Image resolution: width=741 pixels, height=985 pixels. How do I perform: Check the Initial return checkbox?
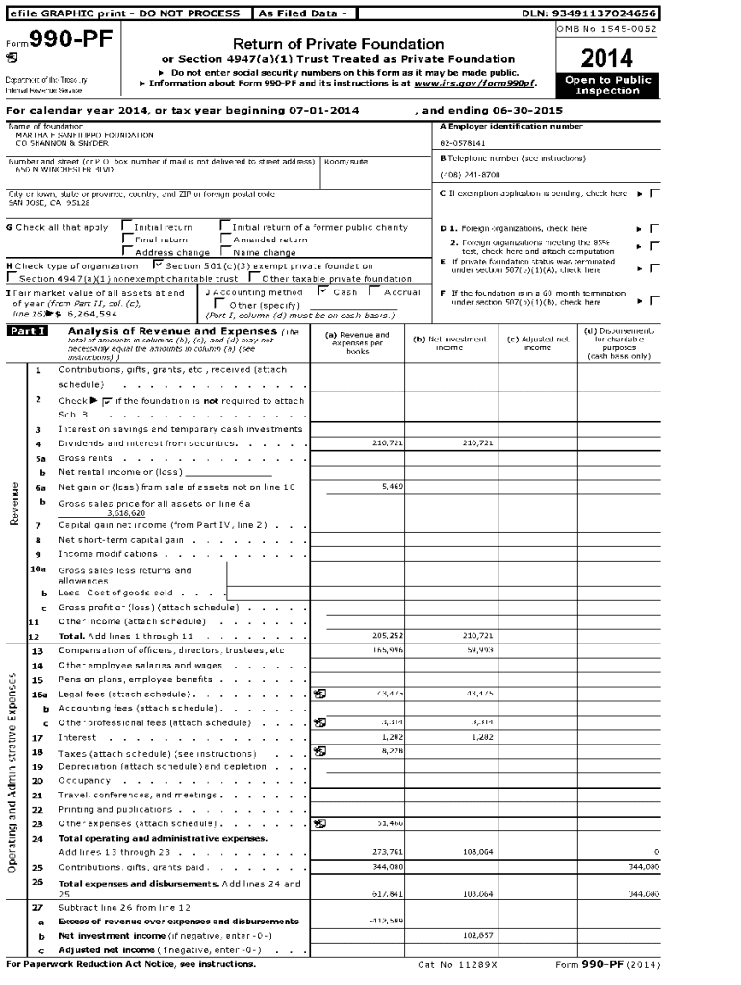click(x=126, y=227)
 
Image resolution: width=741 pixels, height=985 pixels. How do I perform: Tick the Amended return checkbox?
click(x=225, y=240)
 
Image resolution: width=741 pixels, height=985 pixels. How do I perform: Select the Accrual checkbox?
click(x=375, y=291)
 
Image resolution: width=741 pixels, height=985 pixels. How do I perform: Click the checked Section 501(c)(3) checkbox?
click(x=158, y=265)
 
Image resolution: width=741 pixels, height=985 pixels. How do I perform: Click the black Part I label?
click(x=28, y=331)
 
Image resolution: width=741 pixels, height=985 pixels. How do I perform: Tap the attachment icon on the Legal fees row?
click(x=320, y=694)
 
